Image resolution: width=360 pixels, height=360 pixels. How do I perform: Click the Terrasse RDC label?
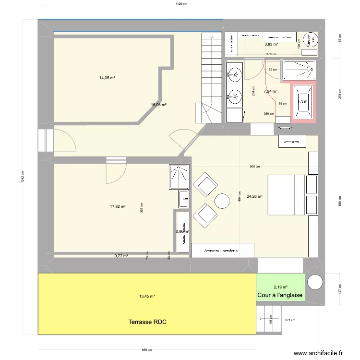pos(147,322)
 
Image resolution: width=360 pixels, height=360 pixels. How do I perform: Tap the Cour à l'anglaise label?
pos(280,295)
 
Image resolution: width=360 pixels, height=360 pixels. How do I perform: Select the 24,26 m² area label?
pos(254,196)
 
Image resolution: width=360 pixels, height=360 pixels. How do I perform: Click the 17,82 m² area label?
pos(118,206)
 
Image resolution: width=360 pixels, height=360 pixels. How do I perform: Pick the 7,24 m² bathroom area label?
pos(271,91)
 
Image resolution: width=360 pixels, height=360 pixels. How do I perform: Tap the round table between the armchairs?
pos(223,201)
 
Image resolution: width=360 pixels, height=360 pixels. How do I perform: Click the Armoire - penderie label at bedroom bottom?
pos(221,251)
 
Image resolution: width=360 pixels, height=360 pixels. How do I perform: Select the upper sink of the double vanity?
pos(235,73)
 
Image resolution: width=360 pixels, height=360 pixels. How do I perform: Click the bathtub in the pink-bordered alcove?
pos(303,101)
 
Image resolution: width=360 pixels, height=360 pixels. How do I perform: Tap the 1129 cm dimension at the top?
pos(181,4)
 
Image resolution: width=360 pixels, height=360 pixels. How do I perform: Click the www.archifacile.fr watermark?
pos(318,353)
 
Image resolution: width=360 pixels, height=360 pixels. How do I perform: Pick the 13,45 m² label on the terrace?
pos(147,296)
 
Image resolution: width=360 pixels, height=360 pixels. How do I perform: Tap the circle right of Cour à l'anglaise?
pos(315,282)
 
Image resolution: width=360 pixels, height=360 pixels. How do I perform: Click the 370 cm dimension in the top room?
pos(272,54)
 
